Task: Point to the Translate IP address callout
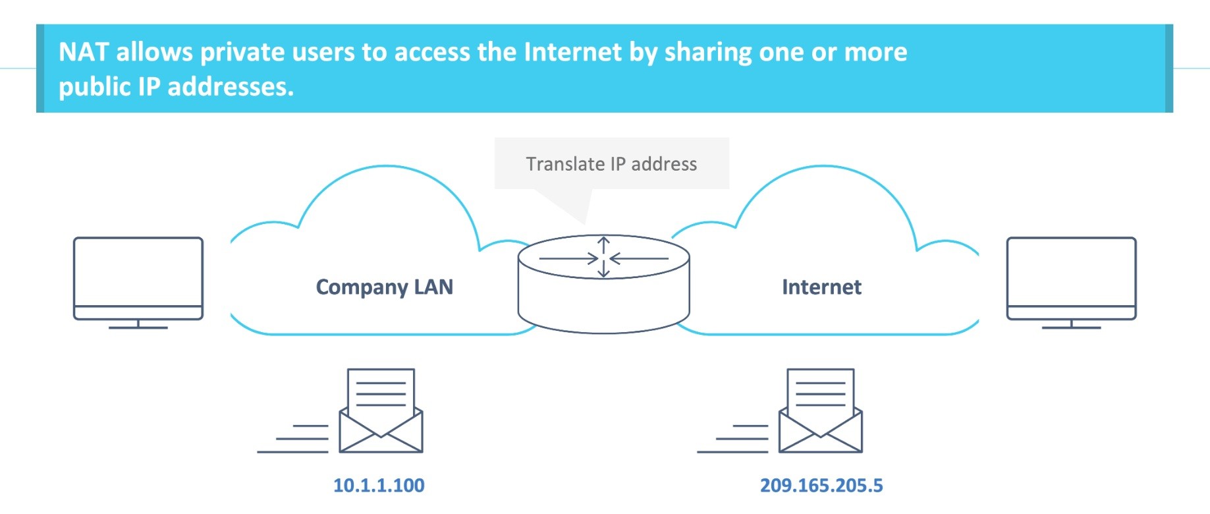pyautogui.click(x=611, y=163)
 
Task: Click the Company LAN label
pyautogui.click(x=384, y=287)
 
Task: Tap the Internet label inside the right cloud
pyautogui.click(x=821, y=287)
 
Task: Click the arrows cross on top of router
pyautogui.click(x=603, y=258)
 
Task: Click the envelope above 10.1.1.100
pyautogui.click(x=381, y=412)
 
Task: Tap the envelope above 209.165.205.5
pyautogui.click(x=820, y=412)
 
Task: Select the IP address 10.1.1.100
pyautogui.click(x=379, y=486)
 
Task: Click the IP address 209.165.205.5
pyautogui.click(x=821, y=486)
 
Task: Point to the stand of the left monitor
pyautogui.click(x=138, y=324)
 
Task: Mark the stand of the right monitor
pyautogui.click(x=1071, y=324)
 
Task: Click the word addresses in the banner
pyautogui.click(x=230, y=87)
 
